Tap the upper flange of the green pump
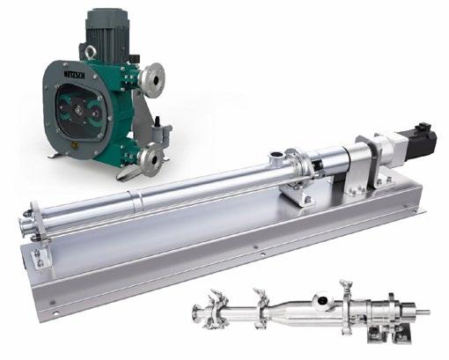tap(151, 77)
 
